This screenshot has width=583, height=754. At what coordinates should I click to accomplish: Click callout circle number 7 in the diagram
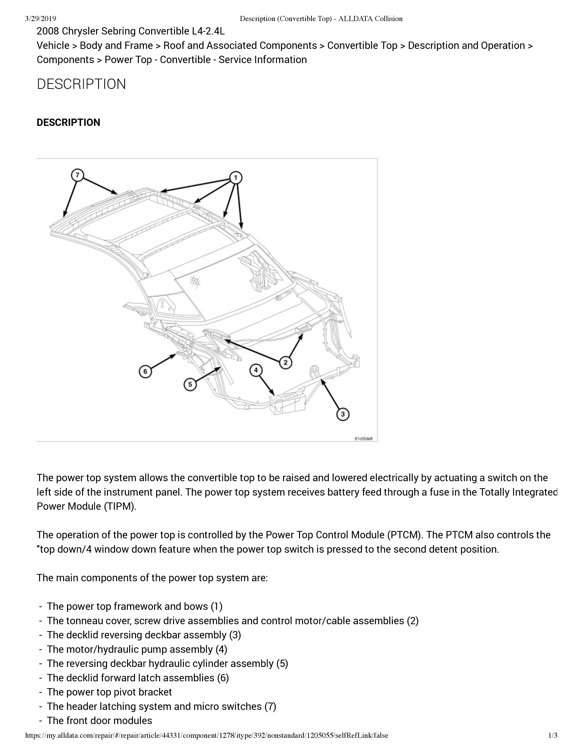(77, 175)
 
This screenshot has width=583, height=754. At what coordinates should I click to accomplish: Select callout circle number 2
(285, 363)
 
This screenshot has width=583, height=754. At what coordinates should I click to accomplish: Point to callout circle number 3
(343, 414)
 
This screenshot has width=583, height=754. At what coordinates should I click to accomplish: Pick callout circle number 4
(256, 370)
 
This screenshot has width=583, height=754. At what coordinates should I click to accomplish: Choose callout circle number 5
(190, 384)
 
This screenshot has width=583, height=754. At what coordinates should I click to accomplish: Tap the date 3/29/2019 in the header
(40, 19)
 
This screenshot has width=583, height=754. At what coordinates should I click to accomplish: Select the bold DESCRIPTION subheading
(68, 122)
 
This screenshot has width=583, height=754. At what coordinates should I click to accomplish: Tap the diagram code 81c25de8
(365, 439)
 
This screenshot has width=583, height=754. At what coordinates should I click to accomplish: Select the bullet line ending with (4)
(137, 649)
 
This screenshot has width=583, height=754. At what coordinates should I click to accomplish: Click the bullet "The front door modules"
(99, 720)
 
